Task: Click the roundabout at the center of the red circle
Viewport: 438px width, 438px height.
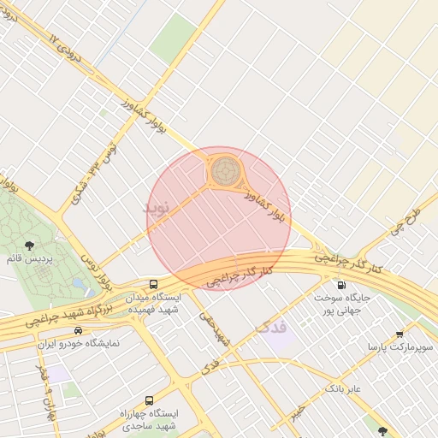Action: [x=226, y=170]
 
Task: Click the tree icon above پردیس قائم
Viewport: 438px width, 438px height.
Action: [x=32, y=244]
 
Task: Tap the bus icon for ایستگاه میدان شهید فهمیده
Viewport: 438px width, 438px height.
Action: [x=153, y=284]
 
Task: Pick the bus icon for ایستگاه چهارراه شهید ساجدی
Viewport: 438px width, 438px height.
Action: [x=150, y=400]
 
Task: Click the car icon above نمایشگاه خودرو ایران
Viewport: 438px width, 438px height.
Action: [x=79, y=330]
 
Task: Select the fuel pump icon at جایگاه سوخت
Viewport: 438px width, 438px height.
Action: [x=342, y=286]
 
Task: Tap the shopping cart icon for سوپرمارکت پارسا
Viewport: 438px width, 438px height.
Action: [x=400, y=334]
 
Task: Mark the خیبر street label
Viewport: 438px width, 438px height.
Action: [x=296, y=412]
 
